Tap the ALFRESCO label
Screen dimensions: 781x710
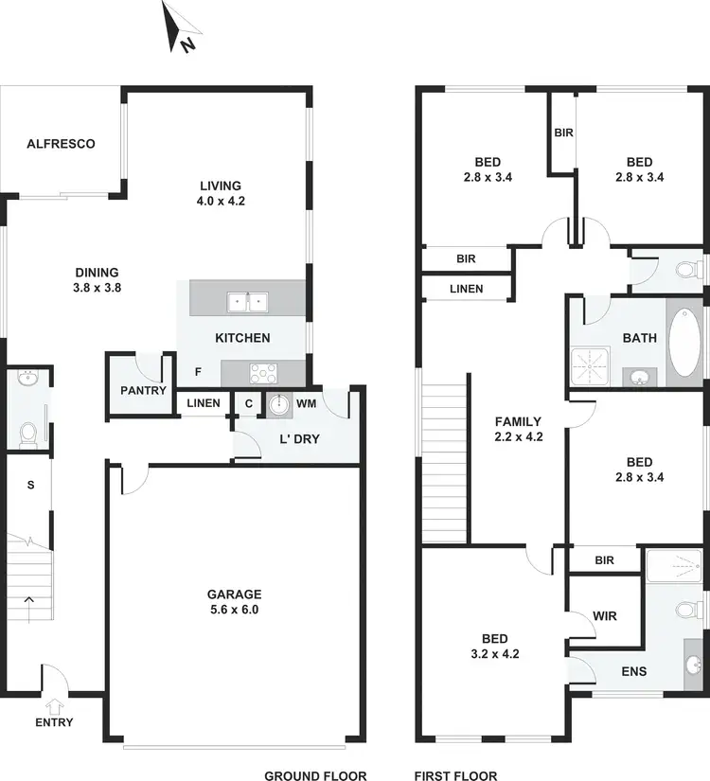[61, 144]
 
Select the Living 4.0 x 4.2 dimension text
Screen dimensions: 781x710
[220, 201]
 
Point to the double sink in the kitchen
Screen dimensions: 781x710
[248, 302]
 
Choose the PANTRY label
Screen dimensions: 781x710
[143, 390]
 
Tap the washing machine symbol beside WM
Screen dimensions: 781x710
[278, 405]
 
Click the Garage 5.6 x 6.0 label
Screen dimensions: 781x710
[233, 602]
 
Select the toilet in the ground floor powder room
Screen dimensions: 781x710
[28, 433]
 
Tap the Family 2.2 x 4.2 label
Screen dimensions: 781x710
[518, 430]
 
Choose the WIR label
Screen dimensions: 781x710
[604, 615]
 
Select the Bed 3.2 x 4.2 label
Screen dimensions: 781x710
[494, 646]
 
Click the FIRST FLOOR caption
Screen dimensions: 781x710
[455, 750]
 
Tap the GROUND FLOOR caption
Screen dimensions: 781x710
[314, 750]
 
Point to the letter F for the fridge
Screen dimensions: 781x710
[197, 371]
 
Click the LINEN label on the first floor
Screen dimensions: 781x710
[466, 289]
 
